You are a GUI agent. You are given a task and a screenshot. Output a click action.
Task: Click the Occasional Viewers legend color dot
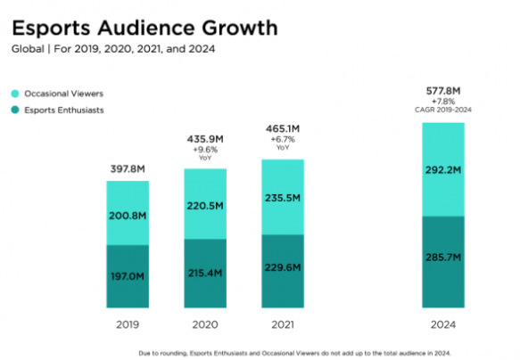(15, 92)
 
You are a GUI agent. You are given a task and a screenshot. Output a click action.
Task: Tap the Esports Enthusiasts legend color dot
(15, 110)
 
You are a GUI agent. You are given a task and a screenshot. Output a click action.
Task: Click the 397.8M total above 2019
(128, 169)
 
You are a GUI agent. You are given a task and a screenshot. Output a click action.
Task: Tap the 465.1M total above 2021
(283, 129)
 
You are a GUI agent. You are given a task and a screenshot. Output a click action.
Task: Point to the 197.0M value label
(128, 278)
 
